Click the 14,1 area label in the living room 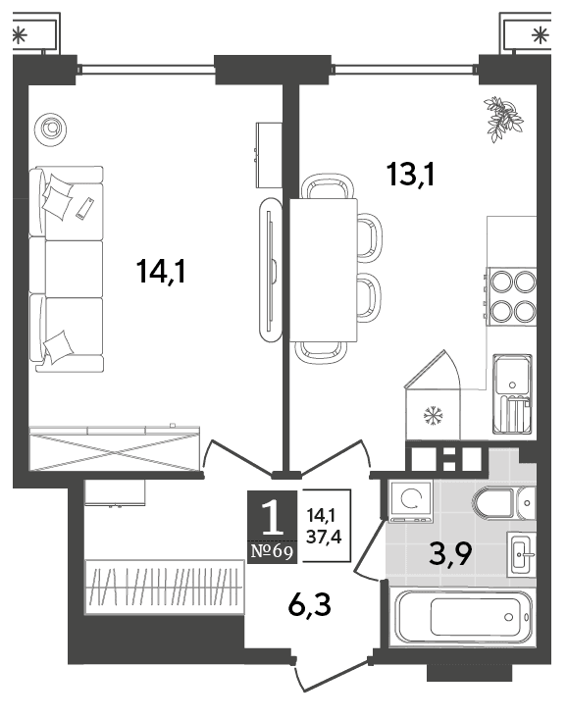[161, 272]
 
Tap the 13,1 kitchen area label [411, 175]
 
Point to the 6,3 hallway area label [310, 605]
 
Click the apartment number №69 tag [272, 551]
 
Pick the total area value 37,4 [324, 537]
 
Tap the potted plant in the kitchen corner [503, 119]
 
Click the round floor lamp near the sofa [50, 129]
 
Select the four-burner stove [511, 296]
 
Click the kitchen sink [512, 394]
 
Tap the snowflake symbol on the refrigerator [433, 415]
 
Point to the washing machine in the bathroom [410, 500]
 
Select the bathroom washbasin [521, 554]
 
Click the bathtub [461, 617]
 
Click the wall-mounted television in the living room [270, 270]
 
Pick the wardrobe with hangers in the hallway [164, 586]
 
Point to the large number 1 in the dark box [272, 518]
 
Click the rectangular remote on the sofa [85, 208]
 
